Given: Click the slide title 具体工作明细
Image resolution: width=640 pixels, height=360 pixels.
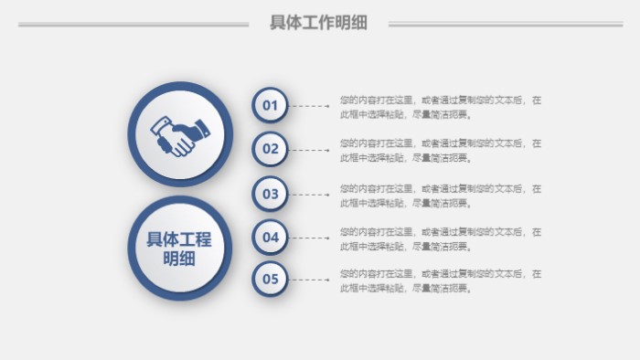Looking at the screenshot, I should click(318, 24).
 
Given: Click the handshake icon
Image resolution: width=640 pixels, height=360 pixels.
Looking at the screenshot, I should click(180, 135).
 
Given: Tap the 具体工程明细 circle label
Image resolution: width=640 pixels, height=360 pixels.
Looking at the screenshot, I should click(179, 249).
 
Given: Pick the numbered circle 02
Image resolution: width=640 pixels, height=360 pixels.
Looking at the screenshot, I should click(270, 149).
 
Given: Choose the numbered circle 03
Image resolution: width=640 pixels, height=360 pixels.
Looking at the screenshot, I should click(270, 194).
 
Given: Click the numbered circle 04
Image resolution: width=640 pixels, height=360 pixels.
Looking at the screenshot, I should click(270, 238).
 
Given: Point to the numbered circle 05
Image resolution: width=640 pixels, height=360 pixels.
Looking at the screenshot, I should click(270, 280).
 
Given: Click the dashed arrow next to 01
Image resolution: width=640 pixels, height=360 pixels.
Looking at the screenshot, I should click(311, 106).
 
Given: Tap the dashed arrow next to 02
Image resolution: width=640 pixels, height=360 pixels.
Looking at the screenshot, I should click(311, 149).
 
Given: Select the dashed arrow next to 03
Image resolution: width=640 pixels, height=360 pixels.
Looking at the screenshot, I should click(311, 194).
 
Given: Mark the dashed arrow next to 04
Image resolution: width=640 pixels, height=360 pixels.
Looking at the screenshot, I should click(311, 238).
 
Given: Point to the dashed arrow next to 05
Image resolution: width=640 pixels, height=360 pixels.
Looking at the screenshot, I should click(311, 280).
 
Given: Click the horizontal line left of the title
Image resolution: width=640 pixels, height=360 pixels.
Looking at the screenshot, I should click(133, 25).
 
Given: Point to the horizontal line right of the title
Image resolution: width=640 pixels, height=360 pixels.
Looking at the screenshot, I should click(505, 25).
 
